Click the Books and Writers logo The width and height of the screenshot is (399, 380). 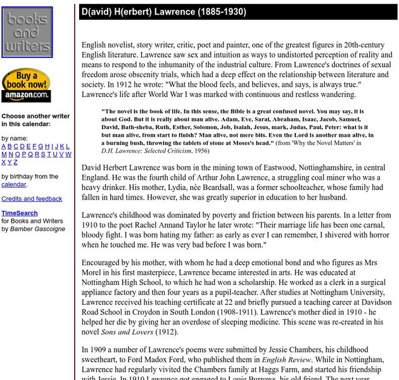point(27,33)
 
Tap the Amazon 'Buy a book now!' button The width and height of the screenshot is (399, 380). point(26,85)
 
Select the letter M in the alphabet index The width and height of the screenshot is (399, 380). point(4,154)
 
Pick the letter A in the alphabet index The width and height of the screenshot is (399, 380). point(4,146)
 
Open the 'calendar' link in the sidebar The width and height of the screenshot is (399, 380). point(13,184)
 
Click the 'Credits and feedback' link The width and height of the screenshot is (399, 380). point(32,199)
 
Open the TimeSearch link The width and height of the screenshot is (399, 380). point(20,213)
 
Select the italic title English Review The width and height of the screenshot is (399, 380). point(287,360)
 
